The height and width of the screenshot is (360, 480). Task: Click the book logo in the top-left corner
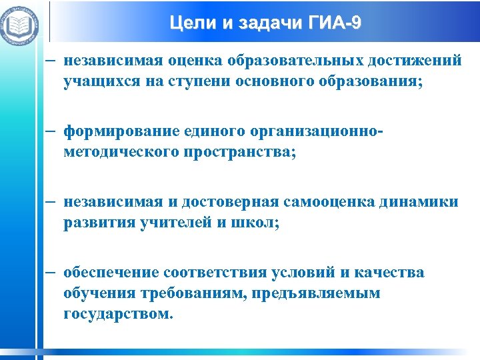(x=20, y=25)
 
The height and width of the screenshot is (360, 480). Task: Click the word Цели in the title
(x=191, y=24)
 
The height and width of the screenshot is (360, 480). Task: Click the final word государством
(x=118, y=314)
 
